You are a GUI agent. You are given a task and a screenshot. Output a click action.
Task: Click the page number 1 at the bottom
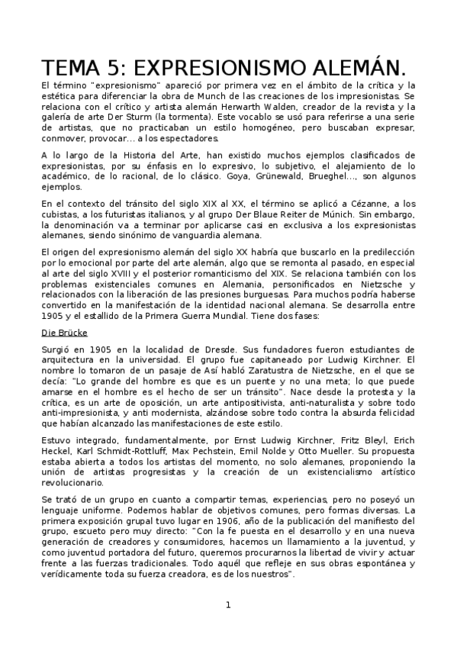[228, 606]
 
